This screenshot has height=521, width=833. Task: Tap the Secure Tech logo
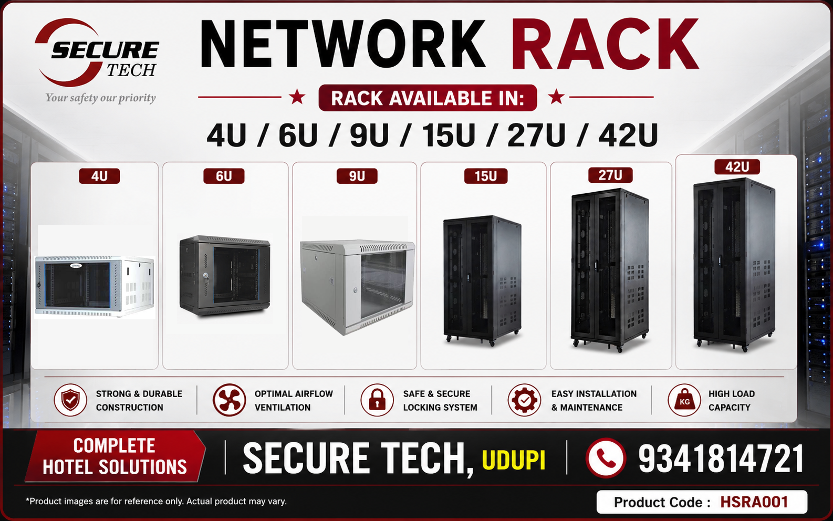click(x=97, y=53)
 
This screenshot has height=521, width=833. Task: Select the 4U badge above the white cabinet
click(x=99, y=176)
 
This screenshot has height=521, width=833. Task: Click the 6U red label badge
click(x=224, y=176)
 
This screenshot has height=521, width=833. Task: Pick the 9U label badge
click(x=357, y=176)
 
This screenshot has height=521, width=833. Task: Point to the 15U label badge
click(x=486, y=176)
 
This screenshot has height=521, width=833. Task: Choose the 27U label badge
click(x=610, y=175)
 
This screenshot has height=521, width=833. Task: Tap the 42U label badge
click(x=737, y=167)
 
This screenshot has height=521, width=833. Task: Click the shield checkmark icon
click(x=70, y=400)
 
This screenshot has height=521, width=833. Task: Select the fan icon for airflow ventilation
click(x=229, y=400)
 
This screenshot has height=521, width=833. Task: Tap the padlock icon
click(x=377, y=400)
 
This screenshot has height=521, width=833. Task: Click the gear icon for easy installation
click(x=524, y=400)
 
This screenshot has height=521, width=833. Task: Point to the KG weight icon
click(x=684, y=400)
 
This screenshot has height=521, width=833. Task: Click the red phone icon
click(x=606, y=458)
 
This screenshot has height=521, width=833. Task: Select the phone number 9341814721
click(x=721, y=459)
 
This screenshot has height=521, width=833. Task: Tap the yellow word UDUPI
click(x=514, y=461)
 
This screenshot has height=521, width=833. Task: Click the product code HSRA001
click(x=754, y=502)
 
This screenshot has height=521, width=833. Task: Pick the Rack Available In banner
click(x=428, y=98)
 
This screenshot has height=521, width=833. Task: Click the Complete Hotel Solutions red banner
click(x=115, y=456)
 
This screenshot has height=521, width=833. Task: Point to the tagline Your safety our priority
click(x=100, y=98)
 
